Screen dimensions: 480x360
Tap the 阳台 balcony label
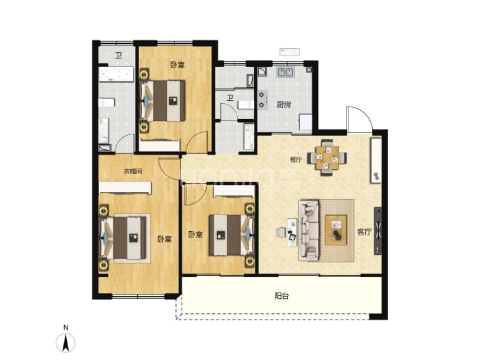click(281, 296)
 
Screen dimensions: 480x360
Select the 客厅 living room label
click(364, 233)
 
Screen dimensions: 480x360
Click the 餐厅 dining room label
click(296, 159)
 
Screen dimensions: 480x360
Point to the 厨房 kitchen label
click(283, 104)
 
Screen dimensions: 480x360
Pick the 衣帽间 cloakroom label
click(133, 171)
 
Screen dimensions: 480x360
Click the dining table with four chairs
click(327, 157)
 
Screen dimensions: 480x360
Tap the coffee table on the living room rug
click(336, 230)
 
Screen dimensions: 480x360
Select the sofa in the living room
click(309, 230)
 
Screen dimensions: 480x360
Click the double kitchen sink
click(285, 72)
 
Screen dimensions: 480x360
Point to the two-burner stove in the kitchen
click(263, 100)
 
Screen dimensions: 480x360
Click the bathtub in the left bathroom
click(116, 75)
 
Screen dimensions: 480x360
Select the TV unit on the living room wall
click(378, 231)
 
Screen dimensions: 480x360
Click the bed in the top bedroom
click(163, 100)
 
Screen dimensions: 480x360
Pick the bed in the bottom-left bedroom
click(123, 238)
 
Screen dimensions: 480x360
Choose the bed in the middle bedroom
click(232, 235)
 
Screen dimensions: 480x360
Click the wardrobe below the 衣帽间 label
click(125, 187)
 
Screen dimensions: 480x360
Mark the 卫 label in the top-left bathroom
click(118, 56)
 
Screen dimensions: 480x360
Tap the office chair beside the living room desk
click(280, 233)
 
